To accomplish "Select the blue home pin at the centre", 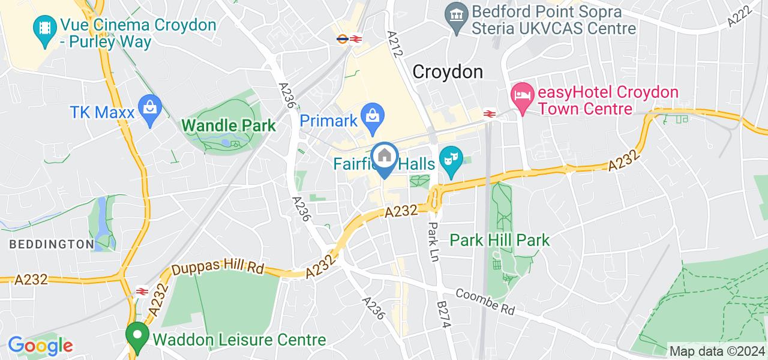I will tap(383, 158).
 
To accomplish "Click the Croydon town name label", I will tap(448, 72).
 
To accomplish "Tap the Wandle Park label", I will tap(229, 126).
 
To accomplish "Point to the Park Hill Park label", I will tap(499, 241).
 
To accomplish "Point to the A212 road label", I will tap(395, 44).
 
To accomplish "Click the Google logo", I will tap(40, 346).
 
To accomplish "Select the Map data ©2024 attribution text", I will tap(716, 351).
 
